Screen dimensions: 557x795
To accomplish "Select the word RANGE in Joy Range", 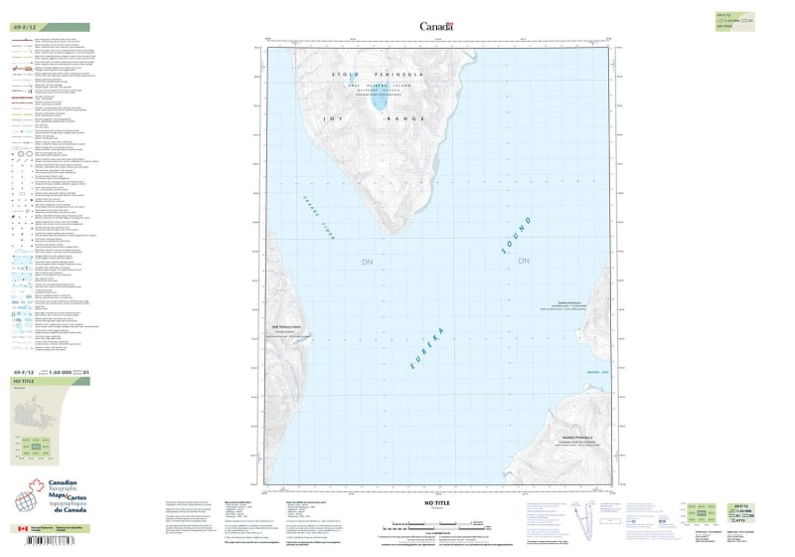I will tap(409, 117).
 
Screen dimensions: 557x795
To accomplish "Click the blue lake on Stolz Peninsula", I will tap(378, 100).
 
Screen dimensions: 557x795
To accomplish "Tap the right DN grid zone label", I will tap(523, 262).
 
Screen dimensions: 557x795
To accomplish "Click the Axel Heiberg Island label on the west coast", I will tap(285, 324).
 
